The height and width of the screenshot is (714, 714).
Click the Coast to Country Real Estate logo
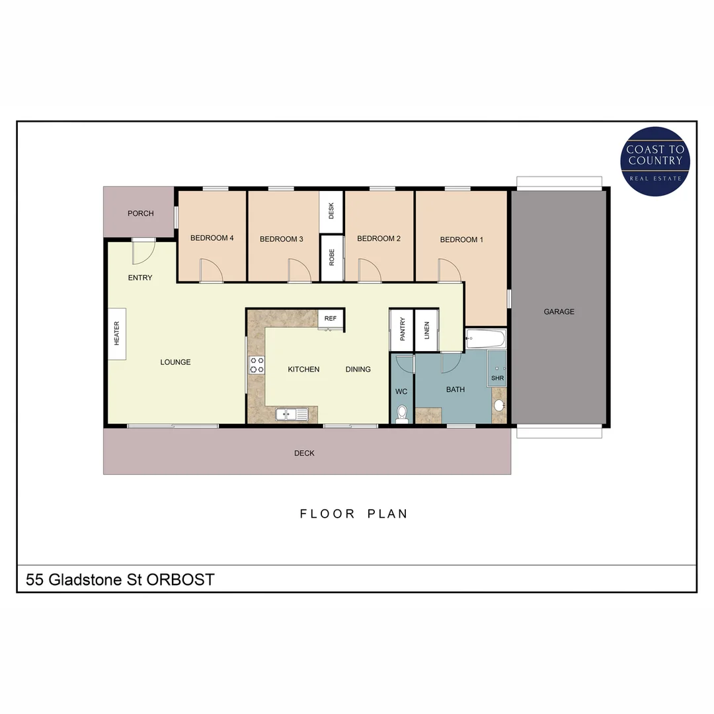point(655,162)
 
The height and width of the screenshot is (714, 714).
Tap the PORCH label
point(141,214)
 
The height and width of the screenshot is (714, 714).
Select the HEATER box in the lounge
point(117,334)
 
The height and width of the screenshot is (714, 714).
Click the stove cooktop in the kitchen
point(257,365)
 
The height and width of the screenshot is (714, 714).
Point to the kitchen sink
point(292,415)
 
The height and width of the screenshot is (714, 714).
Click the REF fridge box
point(331,319)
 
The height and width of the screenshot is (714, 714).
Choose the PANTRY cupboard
point(402,330)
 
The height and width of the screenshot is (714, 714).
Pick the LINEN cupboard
point(426,330)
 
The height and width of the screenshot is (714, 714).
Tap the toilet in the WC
point(401,415)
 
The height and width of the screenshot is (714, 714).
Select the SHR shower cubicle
point(497,370)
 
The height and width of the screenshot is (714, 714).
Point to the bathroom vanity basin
point(500,405)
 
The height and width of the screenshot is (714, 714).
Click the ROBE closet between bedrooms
point(331,257)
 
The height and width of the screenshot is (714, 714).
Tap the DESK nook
point(331,212)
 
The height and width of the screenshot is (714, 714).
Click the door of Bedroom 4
point(211,270)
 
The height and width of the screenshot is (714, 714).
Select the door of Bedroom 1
point(449,270)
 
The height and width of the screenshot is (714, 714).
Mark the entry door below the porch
point(143,249)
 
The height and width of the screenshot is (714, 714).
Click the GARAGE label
point(559,311)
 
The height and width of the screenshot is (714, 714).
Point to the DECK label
point(305,454)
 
